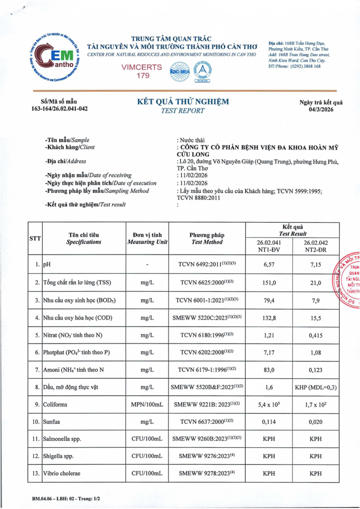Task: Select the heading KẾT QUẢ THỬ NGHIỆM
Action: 183,102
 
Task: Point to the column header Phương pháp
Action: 207,235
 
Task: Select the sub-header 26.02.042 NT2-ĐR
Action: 315,247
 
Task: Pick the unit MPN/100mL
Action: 147,405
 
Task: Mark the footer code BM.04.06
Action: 38,497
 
